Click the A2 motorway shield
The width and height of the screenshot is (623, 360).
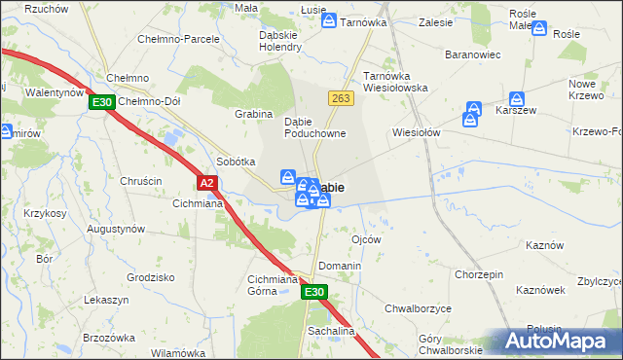click(x=205, y=182)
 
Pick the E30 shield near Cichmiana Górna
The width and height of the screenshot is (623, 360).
click(x=313, y=291)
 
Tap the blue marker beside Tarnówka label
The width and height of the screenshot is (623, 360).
click(x=330, y=20)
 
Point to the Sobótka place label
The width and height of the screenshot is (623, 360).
click(x=236, y=162)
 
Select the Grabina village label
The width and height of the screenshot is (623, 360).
click(x=253, y=114)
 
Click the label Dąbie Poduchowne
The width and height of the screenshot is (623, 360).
click(x=314, y=127)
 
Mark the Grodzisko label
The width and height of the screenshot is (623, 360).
click(x=150, y=276)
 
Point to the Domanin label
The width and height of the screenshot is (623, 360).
click(x=340, y=266)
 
